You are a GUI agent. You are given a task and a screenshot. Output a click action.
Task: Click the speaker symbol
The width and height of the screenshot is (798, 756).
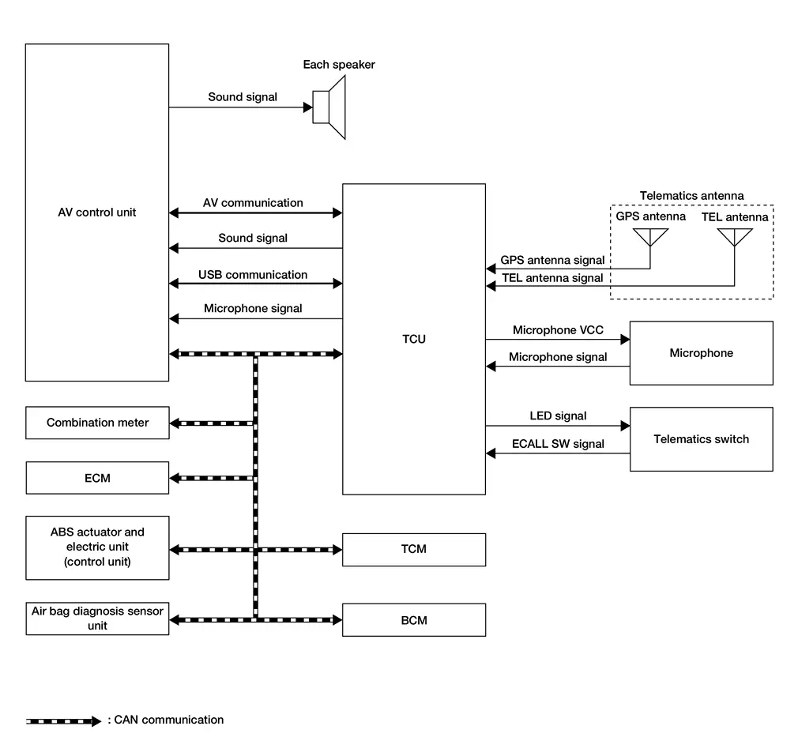pos(329,107)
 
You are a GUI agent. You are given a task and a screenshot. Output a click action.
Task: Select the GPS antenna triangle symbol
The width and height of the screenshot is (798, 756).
pos(650,236)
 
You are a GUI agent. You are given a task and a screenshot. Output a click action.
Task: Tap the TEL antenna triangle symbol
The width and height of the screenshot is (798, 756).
pos(734,236)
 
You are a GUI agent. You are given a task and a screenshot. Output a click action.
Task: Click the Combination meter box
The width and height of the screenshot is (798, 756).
pos(97,423)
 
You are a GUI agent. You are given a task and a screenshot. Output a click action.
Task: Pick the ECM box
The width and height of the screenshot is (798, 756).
pos(97,478)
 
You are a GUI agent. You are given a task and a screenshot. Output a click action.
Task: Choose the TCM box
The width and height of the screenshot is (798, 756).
pos(413,549)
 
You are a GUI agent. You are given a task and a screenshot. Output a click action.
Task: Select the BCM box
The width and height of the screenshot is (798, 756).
pos(413,620)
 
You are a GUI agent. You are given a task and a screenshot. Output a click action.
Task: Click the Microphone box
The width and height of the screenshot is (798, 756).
pos(701,353)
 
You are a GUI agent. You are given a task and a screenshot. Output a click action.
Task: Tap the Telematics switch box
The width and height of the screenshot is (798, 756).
pos(701,439)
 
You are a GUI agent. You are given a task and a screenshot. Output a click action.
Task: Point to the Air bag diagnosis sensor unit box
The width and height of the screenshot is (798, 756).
pos(97,619)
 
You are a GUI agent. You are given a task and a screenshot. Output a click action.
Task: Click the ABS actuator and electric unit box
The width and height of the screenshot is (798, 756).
pos(97,547)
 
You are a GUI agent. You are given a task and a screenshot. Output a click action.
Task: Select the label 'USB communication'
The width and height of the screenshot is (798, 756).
pos(253,275)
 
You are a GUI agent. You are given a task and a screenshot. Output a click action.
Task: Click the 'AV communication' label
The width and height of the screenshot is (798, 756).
pos(253,203)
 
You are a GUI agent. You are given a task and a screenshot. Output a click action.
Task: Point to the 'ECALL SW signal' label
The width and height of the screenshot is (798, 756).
pos(558,444)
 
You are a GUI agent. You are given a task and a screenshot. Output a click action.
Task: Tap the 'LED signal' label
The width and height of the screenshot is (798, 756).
pos(558,416)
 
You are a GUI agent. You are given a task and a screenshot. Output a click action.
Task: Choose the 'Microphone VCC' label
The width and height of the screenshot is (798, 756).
pos(558,330)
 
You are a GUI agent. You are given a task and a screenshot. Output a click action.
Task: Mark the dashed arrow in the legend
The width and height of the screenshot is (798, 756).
pos(63,720)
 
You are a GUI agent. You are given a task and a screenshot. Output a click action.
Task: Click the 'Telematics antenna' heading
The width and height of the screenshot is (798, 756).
pos(691,196)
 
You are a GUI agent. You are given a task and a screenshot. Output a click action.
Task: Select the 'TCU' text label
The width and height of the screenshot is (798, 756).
pos(413,339)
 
